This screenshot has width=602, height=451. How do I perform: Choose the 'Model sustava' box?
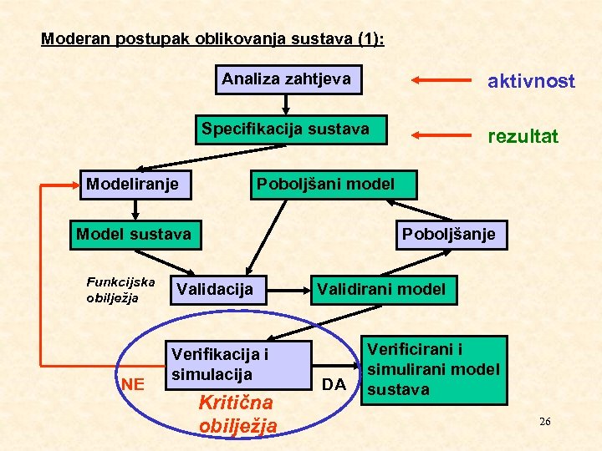tap(135, 234)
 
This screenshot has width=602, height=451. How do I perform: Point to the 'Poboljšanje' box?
tap(448, 234)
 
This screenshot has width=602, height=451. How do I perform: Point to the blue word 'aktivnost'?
tap(531, 81)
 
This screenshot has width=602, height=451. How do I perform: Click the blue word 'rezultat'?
tap(523, 135)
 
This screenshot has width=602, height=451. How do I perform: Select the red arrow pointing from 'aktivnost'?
tap(441, 81)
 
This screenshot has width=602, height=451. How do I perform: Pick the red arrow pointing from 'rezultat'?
tap(441, 135)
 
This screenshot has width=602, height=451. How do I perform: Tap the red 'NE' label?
tap(132, 384)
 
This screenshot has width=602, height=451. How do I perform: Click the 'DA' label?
tap(334, 384)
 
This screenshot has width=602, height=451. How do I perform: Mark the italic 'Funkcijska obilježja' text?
tap(120, 290)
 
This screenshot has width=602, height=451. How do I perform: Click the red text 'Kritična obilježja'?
tap(237, 413)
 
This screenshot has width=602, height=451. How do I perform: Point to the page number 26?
tap(544, 422)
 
